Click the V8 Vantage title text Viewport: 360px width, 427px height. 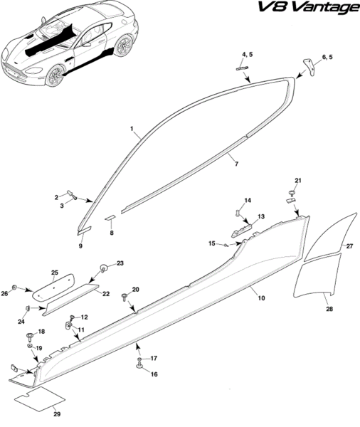[308, 8]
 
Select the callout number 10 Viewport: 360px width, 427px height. [261, 298]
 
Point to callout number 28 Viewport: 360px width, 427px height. [329, 309]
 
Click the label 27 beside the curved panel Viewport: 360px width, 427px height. [349, 246]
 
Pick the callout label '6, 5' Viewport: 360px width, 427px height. [327, 57]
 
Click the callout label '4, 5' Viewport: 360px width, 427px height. [248, 55]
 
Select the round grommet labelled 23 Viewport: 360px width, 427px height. [104, 268]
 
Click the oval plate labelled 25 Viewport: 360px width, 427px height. [53, 288]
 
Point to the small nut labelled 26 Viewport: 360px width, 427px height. [15, 288]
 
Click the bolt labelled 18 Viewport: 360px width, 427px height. [29, 337]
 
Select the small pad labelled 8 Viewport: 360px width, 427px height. [110, 218]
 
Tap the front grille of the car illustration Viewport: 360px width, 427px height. [15, 71]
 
